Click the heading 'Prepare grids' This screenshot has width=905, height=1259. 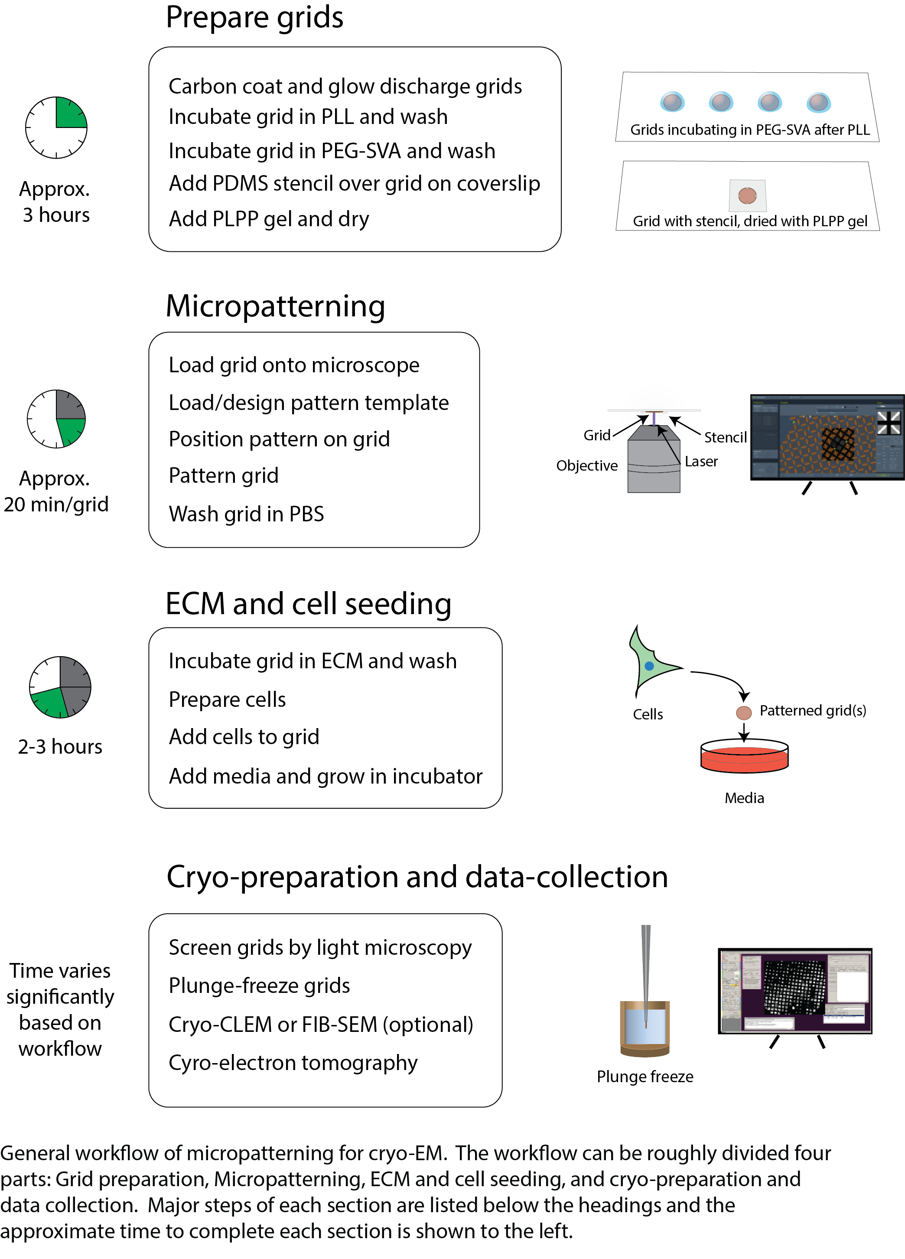coord(254,18)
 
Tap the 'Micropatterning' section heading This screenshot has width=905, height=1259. coord(275,306)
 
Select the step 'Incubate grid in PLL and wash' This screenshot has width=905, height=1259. coord(308,117)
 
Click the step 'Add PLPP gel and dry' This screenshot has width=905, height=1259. coord(269,219)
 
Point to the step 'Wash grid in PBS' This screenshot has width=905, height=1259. coord(246,514)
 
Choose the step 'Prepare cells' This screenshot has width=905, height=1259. coord(227,699)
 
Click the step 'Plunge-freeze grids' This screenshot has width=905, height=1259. coord(259,986)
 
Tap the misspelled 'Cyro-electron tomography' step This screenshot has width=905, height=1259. coord(293,1063)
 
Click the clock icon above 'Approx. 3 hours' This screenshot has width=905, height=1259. coord(56,128)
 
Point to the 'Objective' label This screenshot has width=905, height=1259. coord(586,466)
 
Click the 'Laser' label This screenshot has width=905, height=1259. coord(701,461)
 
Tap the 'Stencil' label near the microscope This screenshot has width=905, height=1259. coord(725,437)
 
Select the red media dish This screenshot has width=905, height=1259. coord(744,757)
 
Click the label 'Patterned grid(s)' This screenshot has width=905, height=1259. coord(812,711)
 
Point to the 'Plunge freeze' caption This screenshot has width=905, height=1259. coord(645,1077)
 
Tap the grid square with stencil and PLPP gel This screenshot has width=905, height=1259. coord(747,195)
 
